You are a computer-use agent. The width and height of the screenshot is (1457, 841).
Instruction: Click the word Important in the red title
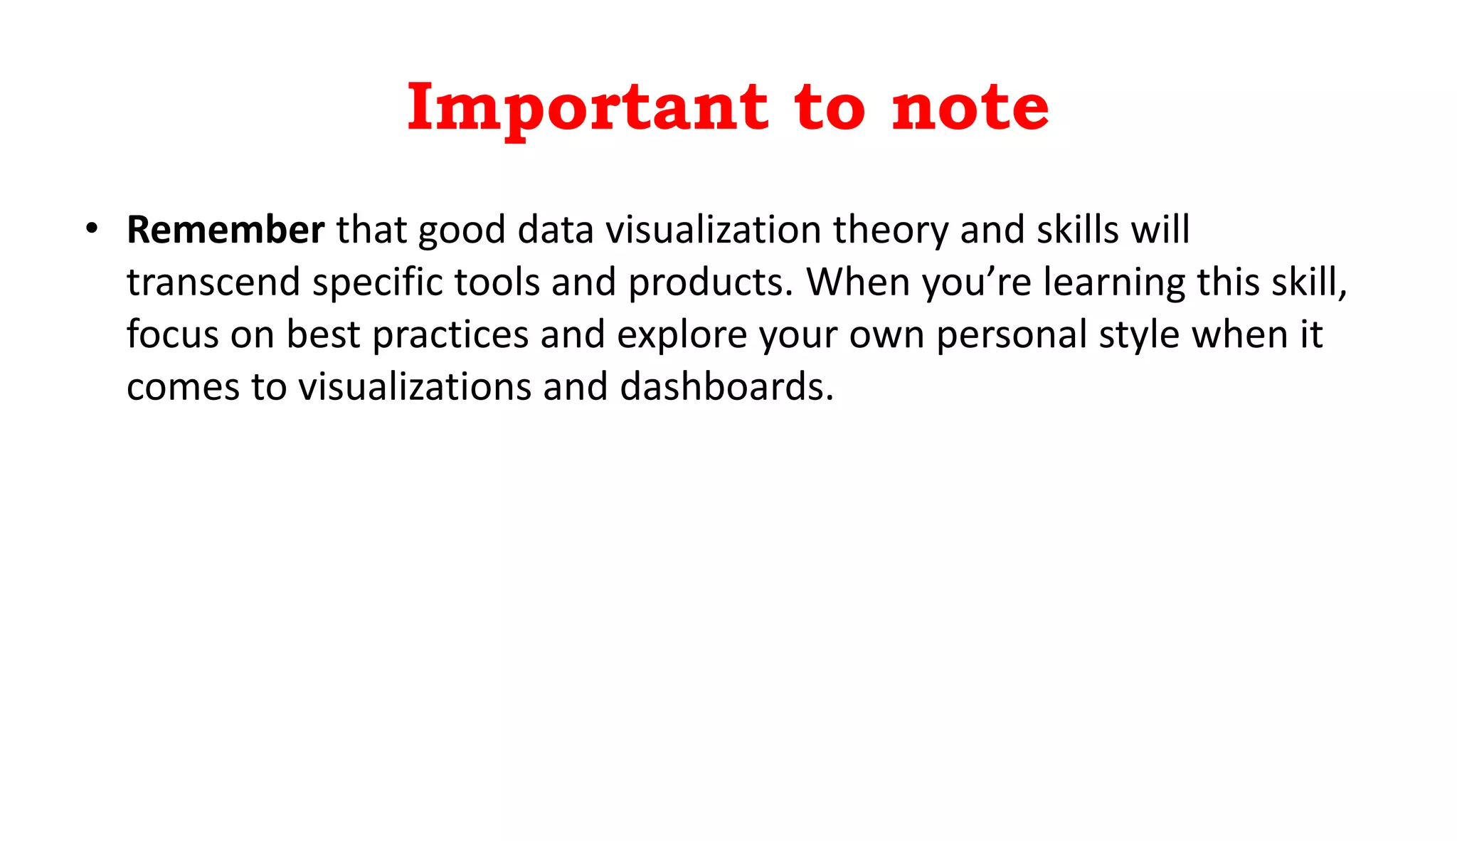pos(587,108)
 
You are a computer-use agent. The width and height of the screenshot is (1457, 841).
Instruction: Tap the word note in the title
pos(970,108)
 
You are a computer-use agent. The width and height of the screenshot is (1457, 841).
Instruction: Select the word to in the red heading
pos(830,108)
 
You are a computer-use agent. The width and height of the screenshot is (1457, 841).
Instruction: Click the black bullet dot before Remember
pos(91,228)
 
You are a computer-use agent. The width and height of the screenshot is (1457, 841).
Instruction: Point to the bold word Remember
pos(226,230)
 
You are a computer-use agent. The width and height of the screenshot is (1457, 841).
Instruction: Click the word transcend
pos(213,282)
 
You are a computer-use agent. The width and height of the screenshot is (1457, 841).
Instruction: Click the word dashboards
pos(726,387)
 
